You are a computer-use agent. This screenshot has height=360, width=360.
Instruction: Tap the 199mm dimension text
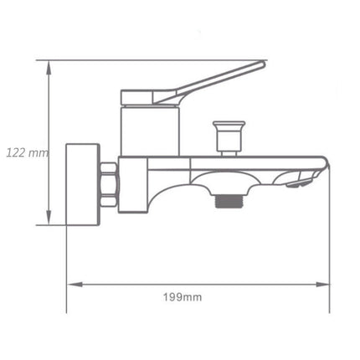[183, 296]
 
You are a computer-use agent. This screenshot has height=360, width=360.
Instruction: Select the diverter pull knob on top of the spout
[226, 131]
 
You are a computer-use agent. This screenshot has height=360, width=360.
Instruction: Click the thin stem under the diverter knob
[226, 148]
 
